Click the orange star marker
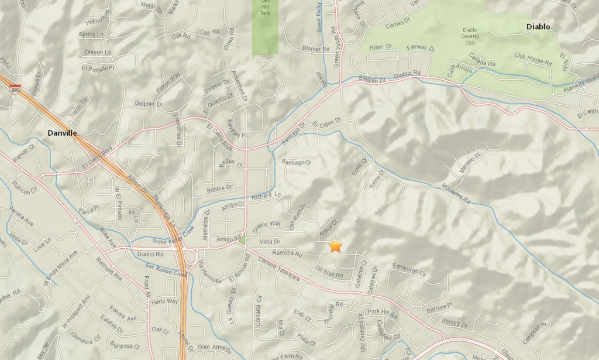tap(335, 246)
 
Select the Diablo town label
tap(538, 27)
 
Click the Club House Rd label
tap(533, 59)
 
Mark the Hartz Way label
tap(164, 301)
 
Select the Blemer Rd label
tap(316, 49)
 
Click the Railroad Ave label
tap(110, 269)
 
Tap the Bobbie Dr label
tap(221, 188)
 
